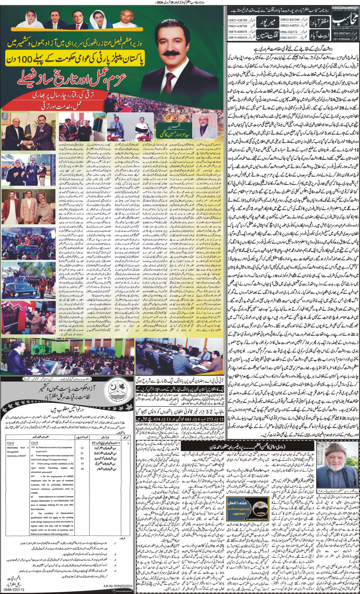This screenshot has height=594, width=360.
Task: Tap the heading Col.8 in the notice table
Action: coord(35,443)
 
